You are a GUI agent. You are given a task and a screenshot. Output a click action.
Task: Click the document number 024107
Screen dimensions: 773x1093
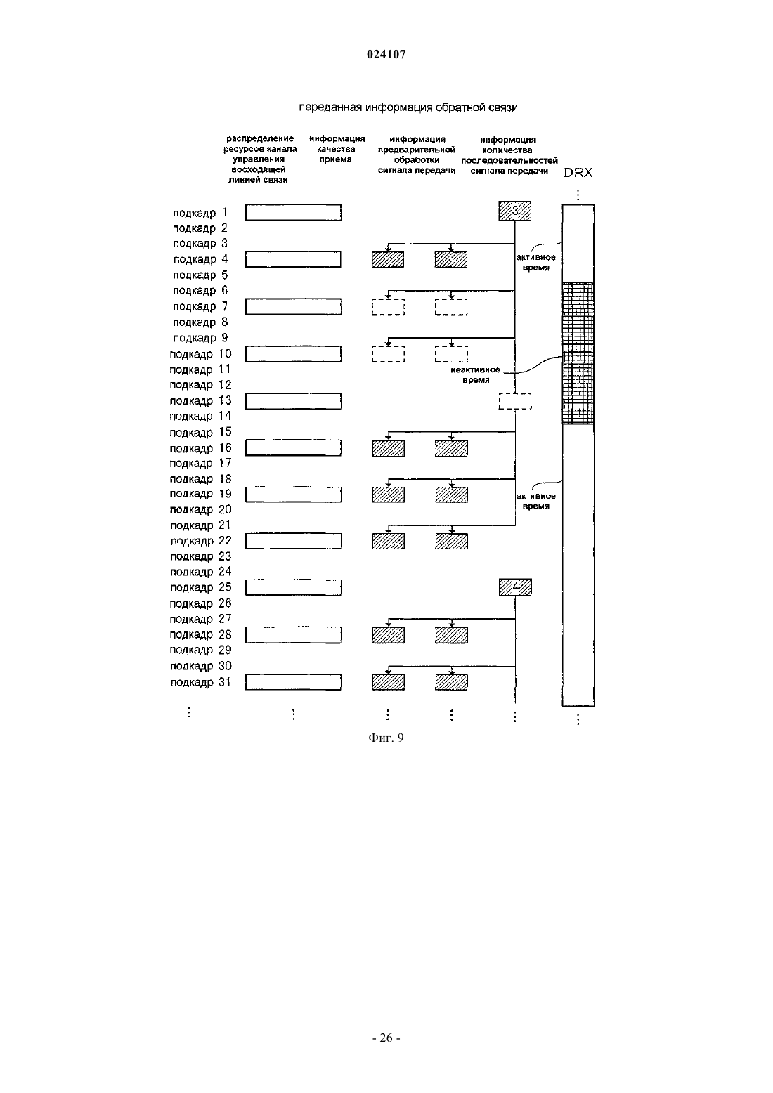pyautogui.click(x=386, y=54)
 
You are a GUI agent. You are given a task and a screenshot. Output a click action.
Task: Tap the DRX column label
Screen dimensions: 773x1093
pyautogui.click(x=578, y=173)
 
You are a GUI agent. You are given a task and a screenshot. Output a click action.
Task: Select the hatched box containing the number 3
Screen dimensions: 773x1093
pyautogui.click(x=515, y=211)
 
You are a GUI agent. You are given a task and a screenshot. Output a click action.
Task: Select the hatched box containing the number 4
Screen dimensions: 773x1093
pyautogui.click(x=515, y=587)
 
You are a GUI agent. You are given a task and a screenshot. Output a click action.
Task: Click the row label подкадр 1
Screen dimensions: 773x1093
pyautogui.click(x=200, y=213)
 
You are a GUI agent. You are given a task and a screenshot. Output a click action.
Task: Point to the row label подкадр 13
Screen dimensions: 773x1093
pyautogui.click(x=200, y=401)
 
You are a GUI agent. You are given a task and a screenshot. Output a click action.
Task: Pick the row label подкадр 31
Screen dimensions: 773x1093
pyautogui.click(x=200, y=682)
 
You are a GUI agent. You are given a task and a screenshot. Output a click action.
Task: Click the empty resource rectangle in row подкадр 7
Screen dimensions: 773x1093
pyautogui.click(x=293, y=307)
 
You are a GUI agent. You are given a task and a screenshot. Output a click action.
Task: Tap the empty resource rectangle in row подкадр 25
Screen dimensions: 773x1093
pyautogui.click(x=293, y=587)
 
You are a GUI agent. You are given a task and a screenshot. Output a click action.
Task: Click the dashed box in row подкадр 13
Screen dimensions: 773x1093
pyautogui.click(x=515, y=401)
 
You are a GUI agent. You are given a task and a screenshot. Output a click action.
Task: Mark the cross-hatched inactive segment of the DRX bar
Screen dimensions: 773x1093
pyautogui.click(x=578, y=353)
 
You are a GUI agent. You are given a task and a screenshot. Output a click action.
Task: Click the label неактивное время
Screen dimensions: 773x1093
pyautogui.click(x=475, y=374)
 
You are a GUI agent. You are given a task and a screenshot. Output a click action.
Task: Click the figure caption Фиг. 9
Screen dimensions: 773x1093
pyautogui.click(x=386, y=738)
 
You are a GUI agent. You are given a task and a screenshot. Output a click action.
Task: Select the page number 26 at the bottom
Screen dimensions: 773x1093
pyautogui.click(x=386, y=1038)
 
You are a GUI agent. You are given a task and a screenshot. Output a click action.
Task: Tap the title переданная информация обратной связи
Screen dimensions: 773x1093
pyautogui.click(x=408, y=107)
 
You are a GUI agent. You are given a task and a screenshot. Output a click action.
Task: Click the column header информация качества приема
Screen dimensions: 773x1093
pyautogui.click(x=337, y=150)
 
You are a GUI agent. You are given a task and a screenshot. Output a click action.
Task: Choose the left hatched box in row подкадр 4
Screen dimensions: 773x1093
pyautogui.click(x=388, y=260)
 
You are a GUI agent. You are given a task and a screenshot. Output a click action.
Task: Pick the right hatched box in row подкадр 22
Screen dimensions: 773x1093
pyautogui.click(x=451, y=541)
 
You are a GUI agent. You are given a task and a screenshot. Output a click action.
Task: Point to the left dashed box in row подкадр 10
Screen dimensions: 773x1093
pyautogui.click(x=389, y=354)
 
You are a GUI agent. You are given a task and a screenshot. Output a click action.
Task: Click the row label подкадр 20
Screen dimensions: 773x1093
pyautogui.click(x=200, y=510)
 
